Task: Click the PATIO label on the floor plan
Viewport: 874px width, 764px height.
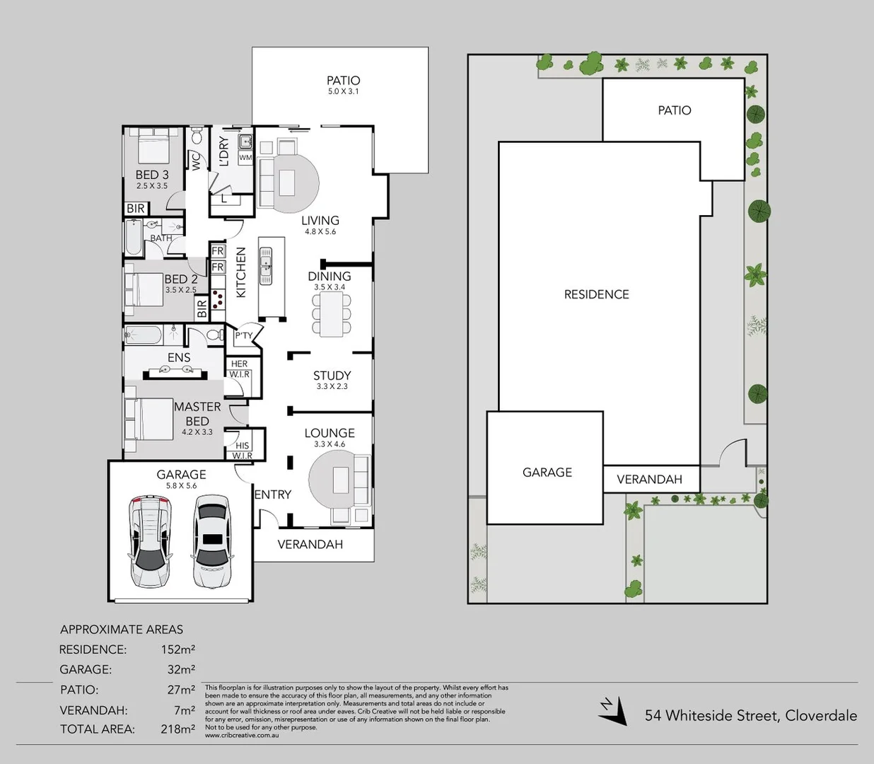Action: tap(343, 81)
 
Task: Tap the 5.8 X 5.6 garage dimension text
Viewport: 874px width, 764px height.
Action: tap(181, 486)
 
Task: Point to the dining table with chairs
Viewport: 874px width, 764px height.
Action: tap(331, 313)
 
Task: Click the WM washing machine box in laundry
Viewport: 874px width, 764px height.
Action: tap(245, 158)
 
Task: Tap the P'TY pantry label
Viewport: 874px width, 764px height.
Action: tap(244, 335)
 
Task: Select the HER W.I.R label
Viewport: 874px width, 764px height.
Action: tap(239, 369)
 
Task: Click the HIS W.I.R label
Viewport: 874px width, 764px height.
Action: tap(242, 450)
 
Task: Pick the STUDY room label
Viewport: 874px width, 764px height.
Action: tap(332, 376)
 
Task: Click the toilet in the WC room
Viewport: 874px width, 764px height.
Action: tap(197, 135)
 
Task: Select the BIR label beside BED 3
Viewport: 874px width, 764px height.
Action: tap(136, 208)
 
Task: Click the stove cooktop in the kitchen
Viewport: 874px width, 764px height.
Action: tap(217, 300)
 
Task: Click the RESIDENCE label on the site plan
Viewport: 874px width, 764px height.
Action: tap(596, 294)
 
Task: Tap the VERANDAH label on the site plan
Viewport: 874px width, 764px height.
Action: tap(649, 479)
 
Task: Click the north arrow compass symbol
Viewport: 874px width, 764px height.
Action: tap(612, 710)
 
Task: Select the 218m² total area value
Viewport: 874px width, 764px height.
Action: tap(177, 729)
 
